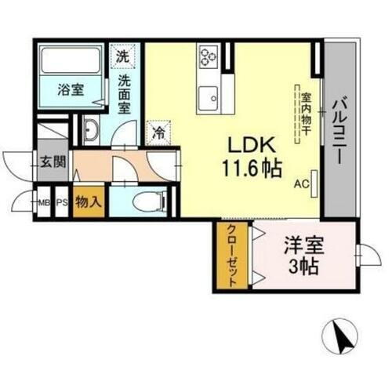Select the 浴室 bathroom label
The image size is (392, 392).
[x=71, y=89]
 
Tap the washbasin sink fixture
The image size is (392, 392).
[x=90, y=131]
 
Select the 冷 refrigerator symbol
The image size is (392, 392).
[x=158, y=132]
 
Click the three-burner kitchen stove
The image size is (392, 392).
[x=209, y=56]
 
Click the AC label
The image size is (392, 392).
[x=300, y=186]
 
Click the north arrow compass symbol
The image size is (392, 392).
[x=341, y=338]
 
